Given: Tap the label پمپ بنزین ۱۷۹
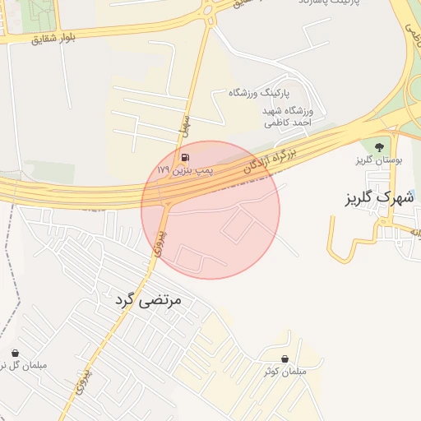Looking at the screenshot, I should [185, 169].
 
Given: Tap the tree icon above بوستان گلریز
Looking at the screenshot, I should [378, 147].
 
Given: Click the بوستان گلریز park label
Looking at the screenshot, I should [377, 160].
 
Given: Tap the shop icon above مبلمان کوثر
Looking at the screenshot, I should [285, 359].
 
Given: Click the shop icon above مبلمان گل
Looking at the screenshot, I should [14, 352].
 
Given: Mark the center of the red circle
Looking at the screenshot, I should [210, 210].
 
